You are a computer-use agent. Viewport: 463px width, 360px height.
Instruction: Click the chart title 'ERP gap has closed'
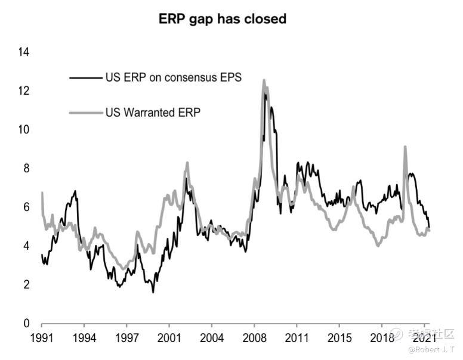coord(222,19)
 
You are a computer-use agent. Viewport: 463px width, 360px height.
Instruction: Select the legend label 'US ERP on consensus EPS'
coord(173,77)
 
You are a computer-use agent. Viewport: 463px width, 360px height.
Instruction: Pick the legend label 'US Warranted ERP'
coord(153,111)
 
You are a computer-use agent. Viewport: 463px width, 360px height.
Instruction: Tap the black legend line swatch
coord(86,77)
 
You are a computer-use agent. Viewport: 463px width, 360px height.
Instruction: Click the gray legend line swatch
coord(86,112)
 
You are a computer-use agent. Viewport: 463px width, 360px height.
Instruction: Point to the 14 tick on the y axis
coord(24,52)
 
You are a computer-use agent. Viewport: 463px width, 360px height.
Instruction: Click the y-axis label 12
coord(24,91)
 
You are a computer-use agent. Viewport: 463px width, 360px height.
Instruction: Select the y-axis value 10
coord(24,129)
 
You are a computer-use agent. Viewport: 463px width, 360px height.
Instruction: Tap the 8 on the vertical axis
coord(26,168)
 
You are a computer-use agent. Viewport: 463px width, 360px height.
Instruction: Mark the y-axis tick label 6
coord(26,207)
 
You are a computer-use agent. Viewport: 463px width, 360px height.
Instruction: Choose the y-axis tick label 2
coord(26,284)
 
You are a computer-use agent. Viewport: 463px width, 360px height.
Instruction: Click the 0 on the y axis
coord(26,323)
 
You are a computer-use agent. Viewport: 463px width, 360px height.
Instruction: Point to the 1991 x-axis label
coord(42,338)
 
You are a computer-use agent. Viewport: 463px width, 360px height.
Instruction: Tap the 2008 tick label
coord(254,338)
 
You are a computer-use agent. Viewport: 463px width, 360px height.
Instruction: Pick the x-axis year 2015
coord(339,338)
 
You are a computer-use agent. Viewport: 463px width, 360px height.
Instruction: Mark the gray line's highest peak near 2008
coord(264,80)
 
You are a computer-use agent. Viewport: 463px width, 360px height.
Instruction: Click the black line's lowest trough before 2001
coord(153,292)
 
